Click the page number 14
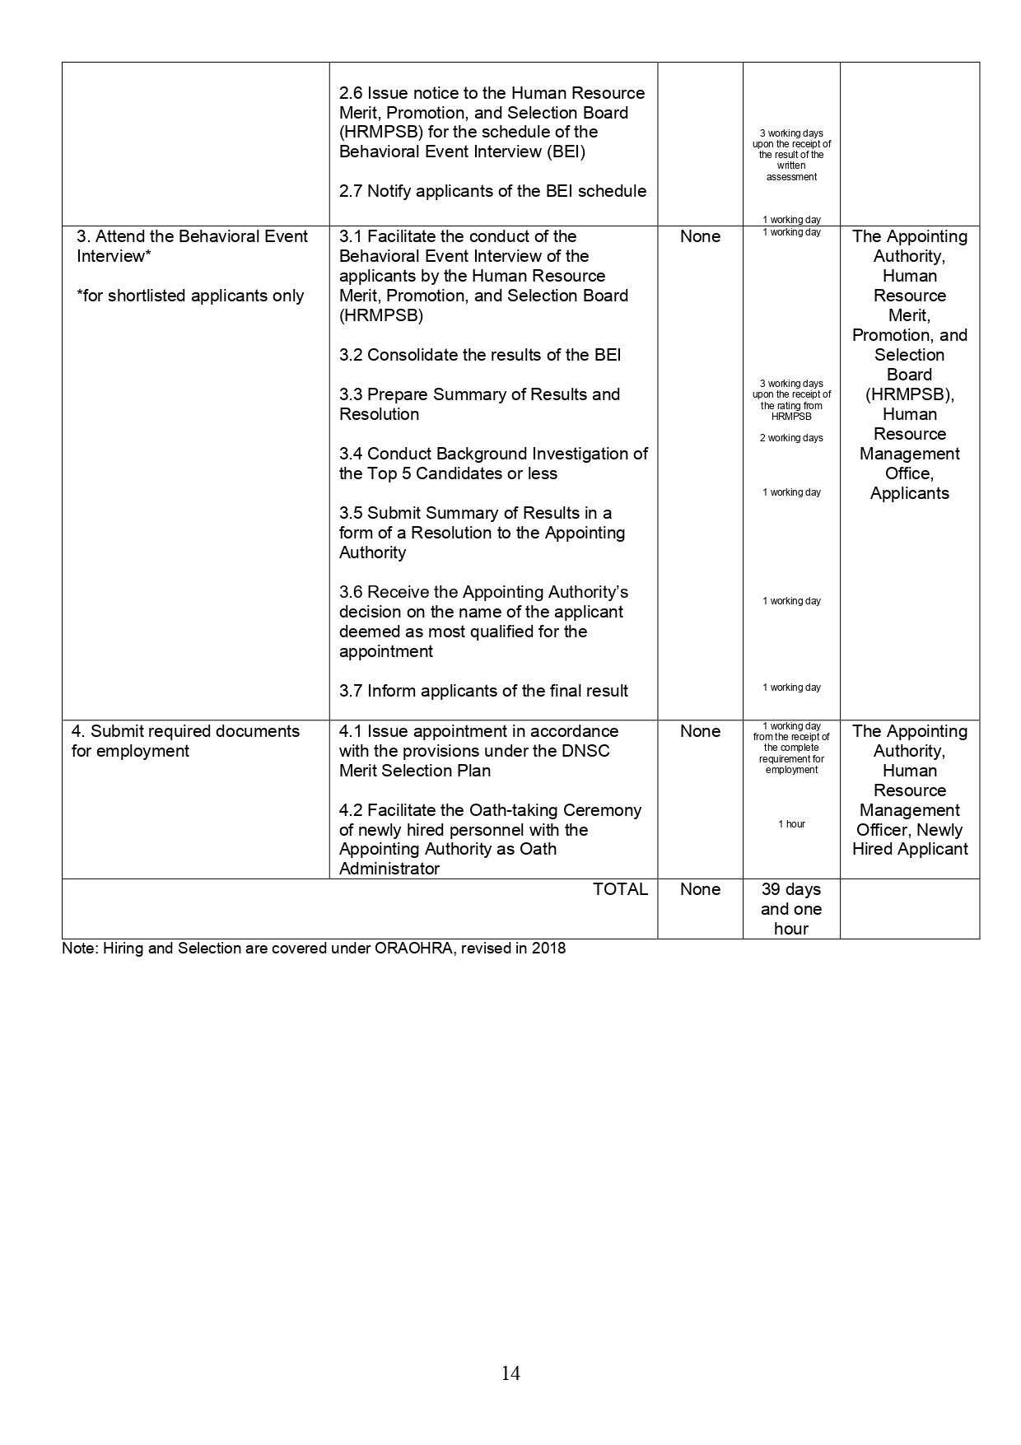[x=510, y=1373]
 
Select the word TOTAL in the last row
[x=620, y=889]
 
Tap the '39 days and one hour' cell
[x=791, y=909]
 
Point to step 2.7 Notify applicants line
[x=492, y=191]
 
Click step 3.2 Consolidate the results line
[x=480, y=355]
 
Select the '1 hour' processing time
[x=791, y=824]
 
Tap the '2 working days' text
[x=791, y=438]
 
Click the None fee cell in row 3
[x=700, y=236]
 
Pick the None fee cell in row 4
[x=700, y=731]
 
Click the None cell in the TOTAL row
[x=700, y=889]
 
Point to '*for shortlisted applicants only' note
[x=190, y=296]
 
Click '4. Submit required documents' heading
[x=185, y=731]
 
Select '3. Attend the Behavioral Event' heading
[x=192, y=236]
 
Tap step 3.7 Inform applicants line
[x=483, y=691]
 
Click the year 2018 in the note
[x=548, y=948]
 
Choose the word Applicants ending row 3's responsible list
[x=910, y=493]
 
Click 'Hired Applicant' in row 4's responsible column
[x=910, y=849]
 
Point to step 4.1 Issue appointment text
[x=478, y=731]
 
